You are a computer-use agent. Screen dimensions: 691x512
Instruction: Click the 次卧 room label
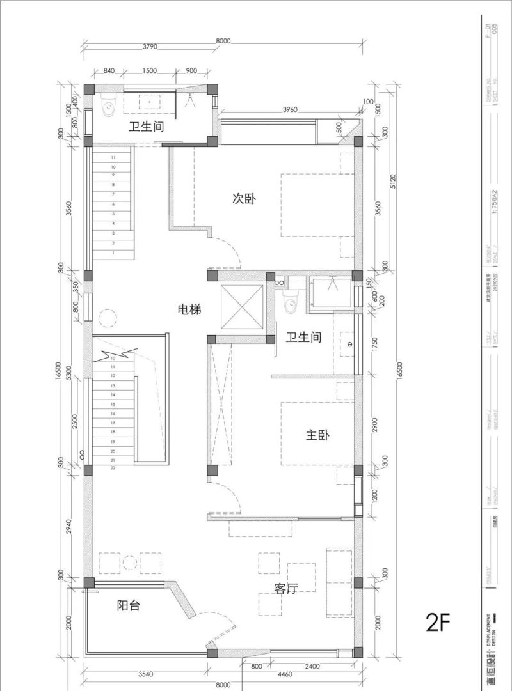click(x=244, y=199)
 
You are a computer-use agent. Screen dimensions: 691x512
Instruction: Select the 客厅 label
click(x=287, y=589)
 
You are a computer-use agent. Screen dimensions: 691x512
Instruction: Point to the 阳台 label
click(x=129, y=605)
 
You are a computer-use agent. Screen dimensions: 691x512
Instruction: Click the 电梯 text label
click(x=189, y=310)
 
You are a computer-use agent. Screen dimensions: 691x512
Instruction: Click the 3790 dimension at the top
click(x=150, y=47)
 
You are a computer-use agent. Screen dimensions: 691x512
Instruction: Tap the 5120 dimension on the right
click(x=394, y=185)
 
